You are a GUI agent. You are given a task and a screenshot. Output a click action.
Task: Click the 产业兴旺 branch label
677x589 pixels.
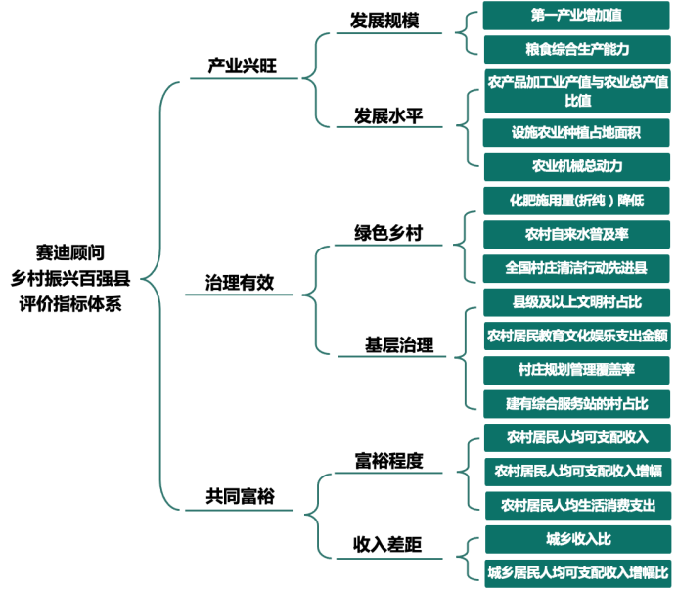pyautogui.click(x=243, y=67)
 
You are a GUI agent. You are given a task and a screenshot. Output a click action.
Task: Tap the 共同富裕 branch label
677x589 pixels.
pyautogui.click(x=240, y=497)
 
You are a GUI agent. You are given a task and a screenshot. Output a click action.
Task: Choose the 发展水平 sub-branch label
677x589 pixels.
pyautogui.click(x=388, y=116)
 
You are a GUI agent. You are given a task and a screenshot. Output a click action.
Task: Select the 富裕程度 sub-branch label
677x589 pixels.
pyautogui.click(x=388, y=461)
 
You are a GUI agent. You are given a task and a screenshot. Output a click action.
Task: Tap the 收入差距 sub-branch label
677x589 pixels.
pyautogui.click(x=387, y=544)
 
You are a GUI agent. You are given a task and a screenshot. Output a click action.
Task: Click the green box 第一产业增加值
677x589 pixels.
pyautogui.click(x=577, y=16)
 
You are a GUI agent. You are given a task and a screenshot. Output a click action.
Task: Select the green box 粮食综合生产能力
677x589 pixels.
pyautogui.click(x=577, y=48)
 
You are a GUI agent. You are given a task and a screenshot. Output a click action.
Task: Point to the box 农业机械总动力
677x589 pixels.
pyautogui.click(x=577, y=165)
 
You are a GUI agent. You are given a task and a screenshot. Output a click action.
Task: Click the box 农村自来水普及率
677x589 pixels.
pyautogui.click(x=577, y=234)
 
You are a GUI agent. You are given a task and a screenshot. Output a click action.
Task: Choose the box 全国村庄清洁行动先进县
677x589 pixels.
pyautogui.click(x=577, y=267)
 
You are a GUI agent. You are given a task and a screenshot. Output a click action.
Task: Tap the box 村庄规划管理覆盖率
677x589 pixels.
pyautogui.click(x=577, y=369)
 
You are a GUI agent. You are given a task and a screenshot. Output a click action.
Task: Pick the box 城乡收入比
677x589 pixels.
pyautogui.click(x=577, y=539)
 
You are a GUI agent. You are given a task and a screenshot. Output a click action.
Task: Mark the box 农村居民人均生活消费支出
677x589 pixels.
pyautogui.click(x=577, y=505)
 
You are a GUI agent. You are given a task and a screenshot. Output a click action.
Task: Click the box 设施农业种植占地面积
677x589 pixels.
pyautogui.click(x=577, y=132)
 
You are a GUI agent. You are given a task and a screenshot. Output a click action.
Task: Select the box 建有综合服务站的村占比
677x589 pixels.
pyautogui.click(x=577, y=403)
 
